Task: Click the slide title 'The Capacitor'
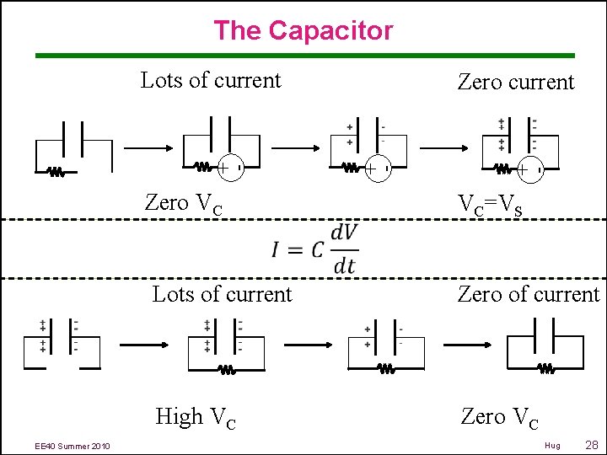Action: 303,31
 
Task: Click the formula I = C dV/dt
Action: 314,249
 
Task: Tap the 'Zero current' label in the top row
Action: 515,83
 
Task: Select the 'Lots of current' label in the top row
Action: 211,81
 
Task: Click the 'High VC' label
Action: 196,417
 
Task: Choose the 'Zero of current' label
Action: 528,295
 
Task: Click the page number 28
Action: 591,444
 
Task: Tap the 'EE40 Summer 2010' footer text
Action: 72,446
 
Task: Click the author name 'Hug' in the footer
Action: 552,445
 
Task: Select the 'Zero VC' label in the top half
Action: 184,204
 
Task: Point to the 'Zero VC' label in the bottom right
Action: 501,417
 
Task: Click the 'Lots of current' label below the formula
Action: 222,295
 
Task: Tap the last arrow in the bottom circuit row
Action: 468,344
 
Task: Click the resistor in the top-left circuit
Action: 56,172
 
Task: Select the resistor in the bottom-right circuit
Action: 545,368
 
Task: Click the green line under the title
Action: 304,56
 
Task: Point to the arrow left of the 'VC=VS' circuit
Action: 446,147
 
